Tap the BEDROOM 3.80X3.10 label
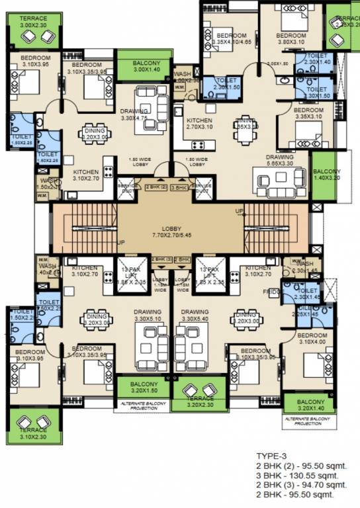[290, 38]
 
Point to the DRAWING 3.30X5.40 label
[195, 314]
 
